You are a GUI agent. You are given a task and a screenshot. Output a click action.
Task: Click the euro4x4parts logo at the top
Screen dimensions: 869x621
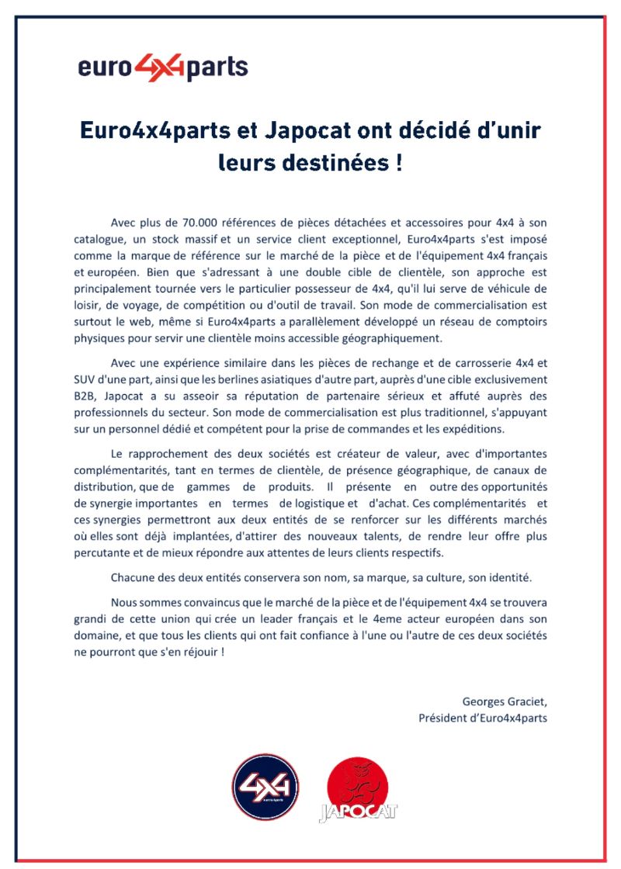click(163, 68)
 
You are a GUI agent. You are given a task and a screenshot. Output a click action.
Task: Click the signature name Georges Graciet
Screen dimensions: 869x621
click(504, 702)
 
